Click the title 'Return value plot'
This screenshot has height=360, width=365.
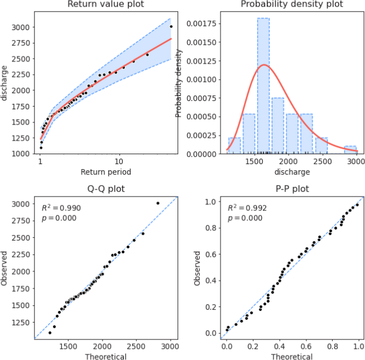point(106,4)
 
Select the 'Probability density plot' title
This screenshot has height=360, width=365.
point(292,4)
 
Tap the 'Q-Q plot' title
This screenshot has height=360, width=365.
point(106,189)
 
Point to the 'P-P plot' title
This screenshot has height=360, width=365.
point(292,189)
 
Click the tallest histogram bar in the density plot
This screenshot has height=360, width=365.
point(263,86)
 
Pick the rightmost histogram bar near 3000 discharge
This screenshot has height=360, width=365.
point(350,150)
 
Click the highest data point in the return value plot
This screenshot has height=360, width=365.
point(171,27)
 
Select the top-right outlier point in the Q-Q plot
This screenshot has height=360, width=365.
point(158,203)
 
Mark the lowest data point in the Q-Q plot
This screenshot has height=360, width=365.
point(50,333)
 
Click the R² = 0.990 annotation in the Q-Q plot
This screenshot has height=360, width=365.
point(61,208)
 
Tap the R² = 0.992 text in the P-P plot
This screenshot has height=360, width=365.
point(247,208)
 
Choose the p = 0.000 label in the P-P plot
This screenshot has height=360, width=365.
point(245,218)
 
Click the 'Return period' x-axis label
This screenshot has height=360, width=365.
point(105,172)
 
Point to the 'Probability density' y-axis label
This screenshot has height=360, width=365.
point(178,84)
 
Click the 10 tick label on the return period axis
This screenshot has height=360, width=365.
point(119,161)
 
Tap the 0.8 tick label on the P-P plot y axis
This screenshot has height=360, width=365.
point(211,228)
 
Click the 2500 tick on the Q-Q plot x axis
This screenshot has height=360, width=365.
point(136,346)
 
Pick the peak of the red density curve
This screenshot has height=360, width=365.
point(264,65)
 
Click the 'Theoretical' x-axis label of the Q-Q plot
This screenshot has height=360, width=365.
point(105,356)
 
